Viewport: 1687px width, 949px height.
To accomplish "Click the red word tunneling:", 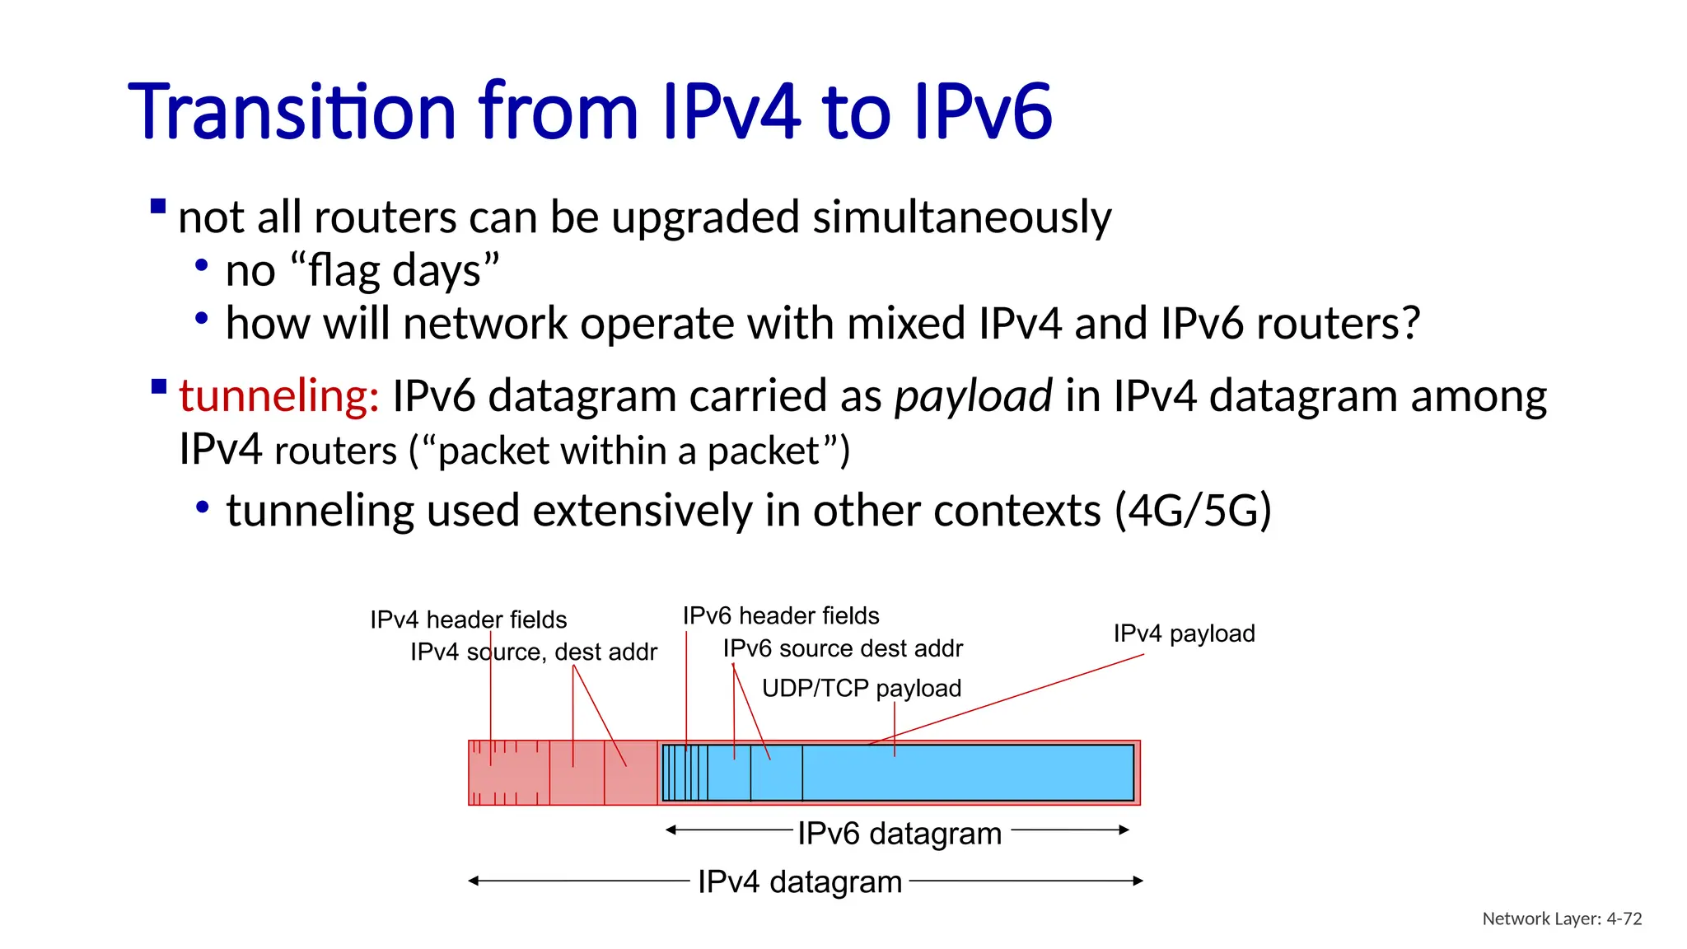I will tap(278, 396).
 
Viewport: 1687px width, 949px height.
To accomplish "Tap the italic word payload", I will tap(973, 396).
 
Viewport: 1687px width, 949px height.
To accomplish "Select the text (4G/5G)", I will tap(1192, 511).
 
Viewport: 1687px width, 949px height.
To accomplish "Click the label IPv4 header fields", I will tap(468, 619).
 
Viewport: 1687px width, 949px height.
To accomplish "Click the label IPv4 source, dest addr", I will tap(534, 652).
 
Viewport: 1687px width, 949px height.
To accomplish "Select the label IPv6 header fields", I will tap(780, 615).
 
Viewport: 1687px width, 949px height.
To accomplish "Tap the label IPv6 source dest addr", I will tap(843, 648).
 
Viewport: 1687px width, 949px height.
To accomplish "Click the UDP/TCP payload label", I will tap(861, 688).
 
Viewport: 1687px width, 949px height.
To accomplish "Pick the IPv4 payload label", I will tap(1184, 633).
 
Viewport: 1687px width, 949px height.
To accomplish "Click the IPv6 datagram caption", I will tap(899, 834).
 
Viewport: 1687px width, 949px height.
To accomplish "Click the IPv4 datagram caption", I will tap(799, 881).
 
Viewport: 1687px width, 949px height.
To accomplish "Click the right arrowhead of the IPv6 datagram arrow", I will tap(1124, 830).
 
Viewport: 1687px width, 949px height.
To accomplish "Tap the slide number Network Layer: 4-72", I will tap(1561, 919).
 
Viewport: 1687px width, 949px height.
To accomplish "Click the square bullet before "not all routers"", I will tap(159, 206).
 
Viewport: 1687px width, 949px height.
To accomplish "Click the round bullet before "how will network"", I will tap(202, 318).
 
